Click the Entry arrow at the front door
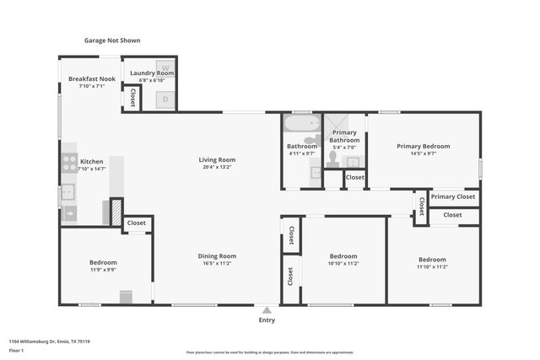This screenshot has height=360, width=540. pyautogui.click(x=267, y=309)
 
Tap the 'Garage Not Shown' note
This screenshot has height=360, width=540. pyautogui.click(x=112, y=40)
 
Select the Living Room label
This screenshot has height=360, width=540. pyautogui.click(x=217, y=159)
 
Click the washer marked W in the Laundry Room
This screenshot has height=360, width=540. pyautogui.click(x=165, y=67)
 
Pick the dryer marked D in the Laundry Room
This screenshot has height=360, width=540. pyautogui.click(x=165, y=99)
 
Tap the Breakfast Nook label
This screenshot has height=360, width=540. pyautogui.click(x=91, y=78)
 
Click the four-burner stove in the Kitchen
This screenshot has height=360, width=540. pyautogui.click(x=69, y=163)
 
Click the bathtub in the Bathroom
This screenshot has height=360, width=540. pyautogui.click(x=300, y=123)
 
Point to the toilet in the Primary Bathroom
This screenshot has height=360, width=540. pyautogui.click(x=332, y=158)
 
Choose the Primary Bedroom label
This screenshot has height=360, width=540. pyautogui.click(x=423, y=146)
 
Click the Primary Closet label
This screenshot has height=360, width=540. pyautogui.click(x=453, y=196)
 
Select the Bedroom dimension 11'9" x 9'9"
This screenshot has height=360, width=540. pyautogui.click(x=103, y=270)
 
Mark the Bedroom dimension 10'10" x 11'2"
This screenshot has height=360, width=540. pyautogui.click(x=343, y=263)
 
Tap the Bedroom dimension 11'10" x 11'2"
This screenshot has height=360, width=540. pyautogui.click(x=431, y=266)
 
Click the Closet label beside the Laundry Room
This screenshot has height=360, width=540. pyautogui.click(x=133, y=98)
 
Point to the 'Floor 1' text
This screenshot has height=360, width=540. pyautogui.click(x=17, y=349)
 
